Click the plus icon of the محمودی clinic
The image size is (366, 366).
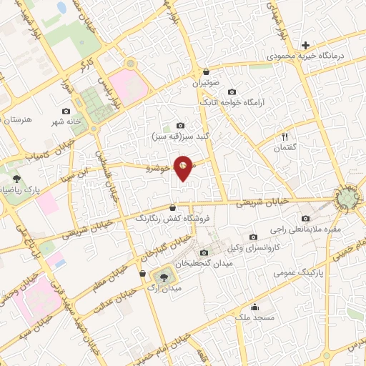305,45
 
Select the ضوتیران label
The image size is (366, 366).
207,83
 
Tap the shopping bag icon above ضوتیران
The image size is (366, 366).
207,72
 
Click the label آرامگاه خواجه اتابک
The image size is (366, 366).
232,102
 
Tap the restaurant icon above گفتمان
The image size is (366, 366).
285,136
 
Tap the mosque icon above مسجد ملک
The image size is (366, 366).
254,308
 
